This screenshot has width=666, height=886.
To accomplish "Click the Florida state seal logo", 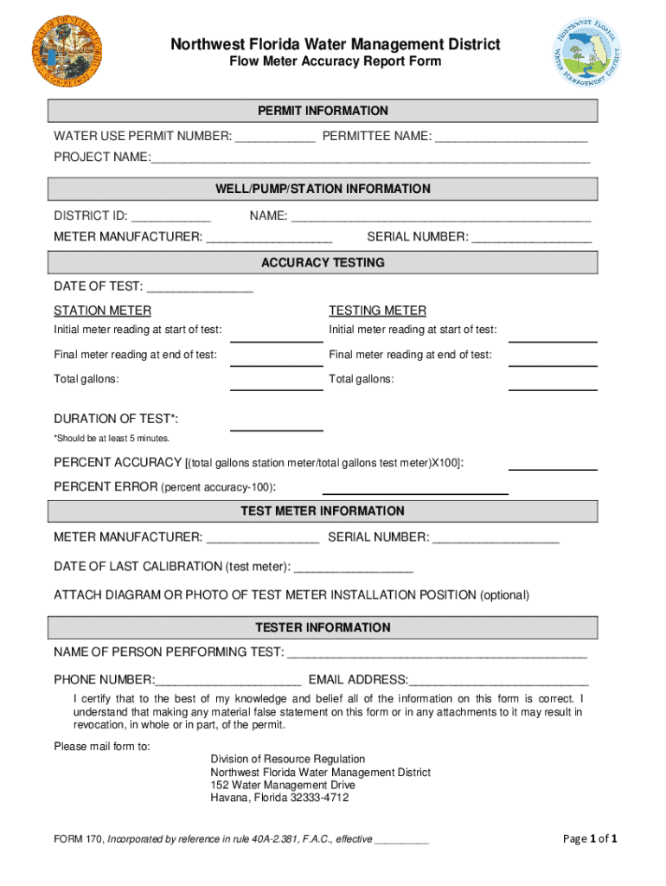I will click(x=66, y=50).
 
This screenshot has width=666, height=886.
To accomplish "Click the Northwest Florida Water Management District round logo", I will click(x=587, y=54).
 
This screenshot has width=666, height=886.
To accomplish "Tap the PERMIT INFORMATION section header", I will click(x=323, y=111).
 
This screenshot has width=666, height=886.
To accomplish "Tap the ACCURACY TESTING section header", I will click(x=323, y=262).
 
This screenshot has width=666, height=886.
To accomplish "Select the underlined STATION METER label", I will click(x=102, y=311).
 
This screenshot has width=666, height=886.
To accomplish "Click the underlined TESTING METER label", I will click(x=377, y=311).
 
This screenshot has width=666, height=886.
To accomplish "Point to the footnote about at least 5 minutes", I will click(x=112, y=439).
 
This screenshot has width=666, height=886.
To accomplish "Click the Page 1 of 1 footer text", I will click(x=589, y=838).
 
